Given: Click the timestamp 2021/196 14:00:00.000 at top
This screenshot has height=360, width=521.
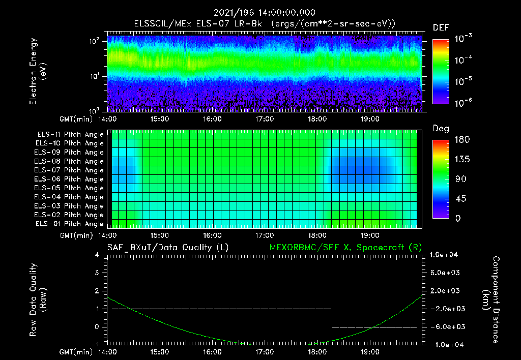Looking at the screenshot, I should click(264, 13).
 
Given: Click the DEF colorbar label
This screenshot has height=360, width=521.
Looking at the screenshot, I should click(441, 27).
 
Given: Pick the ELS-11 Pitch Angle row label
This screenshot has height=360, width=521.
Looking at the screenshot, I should click(70, 135).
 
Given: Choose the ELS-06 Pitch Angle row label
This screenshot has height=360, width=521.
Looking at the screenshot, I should click(70, 179).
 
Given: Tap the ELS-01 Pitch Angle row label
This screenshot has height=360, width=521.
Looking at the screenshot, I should click(70, 224).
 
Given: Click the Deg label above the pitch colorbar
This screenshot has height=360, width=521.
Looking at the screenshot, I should click(441, 129).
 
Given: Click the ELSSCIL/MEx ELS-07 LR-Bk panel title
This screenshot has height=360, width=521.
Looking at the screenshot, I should click(264, 23).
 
